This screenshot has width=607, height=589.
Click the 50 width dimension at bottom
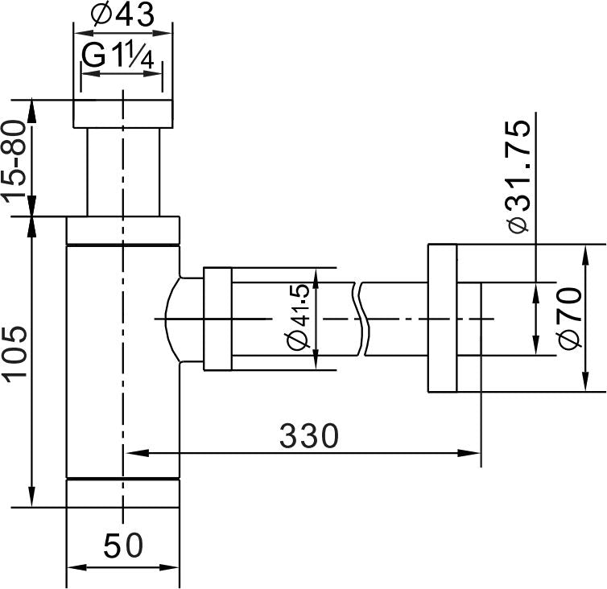(123, 547)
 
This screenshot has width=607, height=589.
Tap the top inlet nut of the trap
(123, 113)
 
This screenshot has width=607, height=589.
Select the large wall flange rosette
(441, 318)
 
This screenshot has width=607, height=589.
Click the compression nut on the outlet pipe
(217, 319)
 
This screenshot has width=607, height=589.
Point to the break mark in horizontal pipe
(361, 319)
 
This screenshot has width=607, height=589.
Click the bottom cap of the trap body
(122, 493)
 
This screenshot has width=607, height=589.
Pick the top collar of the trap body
(122, 229)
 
